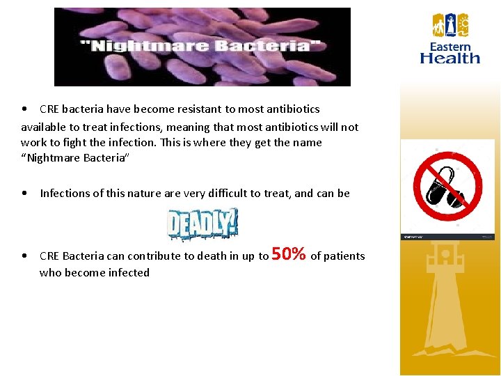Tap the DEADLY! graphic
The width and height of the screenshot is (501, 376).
tap(202, 224)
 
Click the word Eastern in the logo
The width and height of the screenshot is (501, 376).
tap(450, 47)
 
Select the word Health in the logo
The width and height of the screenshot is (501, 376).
tap(450, 58)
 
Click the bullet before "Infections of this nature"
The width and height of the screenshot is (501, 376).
tap(25, 194)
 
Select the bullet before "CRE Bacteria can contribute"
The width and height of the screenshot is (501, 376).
tap(25, 256)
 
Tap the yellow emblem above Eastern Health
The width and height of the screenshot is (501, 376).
tap(451, 25)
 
